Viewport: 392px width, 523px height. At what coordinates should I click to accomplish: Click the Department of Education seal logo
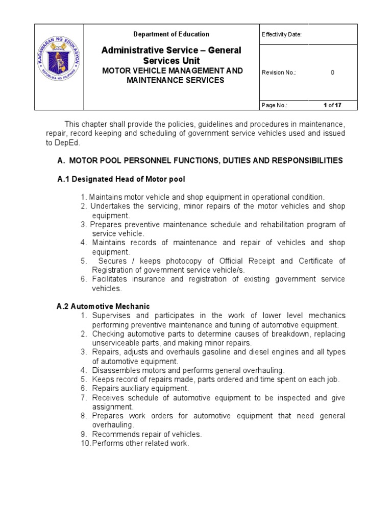click(x=59, y=67)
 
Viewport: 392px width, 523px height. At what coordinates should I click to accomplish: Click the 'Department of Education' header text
click(x=171, y=34)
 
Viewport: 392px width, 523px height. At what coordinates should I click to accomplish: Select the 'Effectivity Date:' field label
click(x=281, y=35)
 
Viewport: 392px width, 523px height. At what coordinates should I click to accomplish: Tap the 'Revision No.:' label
click(x=279, y=73)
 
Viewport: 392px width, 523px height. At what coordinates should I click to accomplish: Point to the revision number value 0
click(x=332, y=73)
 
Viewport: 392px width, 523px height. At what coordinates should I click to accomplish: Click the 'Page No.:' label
click(x=274, y=105)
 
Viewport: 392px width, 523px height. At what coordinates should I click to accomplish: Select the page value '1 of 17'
click(x=332, y=105)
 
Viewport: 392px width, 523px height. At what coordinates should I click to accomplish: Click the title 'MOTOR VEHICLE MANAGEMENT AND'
click(x=173, y=70)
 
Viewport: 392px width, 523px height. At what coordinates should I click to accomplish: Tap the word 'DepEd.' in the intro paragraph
click(x=57, y=142)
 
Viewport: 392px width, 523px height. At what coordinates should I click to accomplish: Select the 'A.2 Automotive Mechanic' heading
click(x=103, y=306)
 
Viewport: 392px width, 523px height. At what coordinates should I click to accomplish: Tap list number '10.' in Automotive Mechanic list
click(x=85, y=444)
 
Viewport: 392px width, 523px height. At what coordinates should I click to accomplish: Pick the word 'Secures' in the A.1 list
click(x=112, y=261)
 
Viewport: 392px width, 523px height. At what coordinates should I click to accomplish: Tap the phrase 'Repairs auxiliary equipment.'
click(x=140, y=389)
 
